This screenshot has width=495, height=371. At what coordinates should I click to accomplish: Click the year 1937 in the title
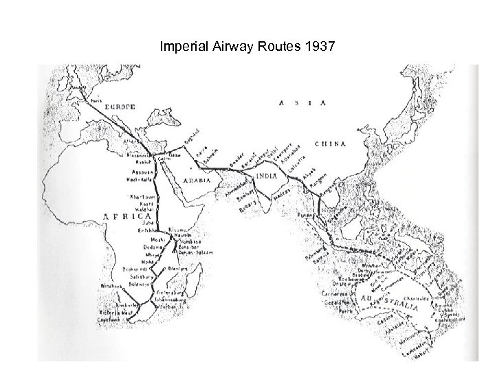click(x=316, y=47)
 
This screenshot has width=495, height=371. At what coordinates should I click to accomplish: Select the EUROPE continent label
click(x=120, y=106)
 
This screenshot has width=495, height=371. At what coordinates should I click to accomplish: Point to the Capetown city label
click(x=111, y=320)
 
